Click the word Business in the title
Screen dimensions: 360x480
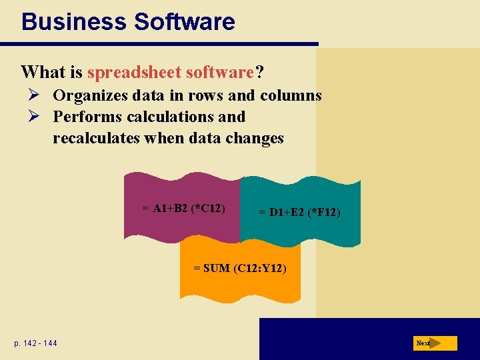73,21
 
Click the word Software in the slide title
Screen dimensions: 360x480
184,21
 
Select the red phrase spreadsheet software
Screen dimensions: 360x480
171,71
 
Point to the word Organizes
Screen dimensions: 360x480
89,95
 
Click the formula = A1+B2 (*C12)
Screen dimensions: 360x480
183,208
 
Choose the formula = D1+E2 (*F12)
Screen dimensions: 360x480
300,213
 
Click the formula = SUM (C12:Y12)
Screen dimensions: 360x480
240,269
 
